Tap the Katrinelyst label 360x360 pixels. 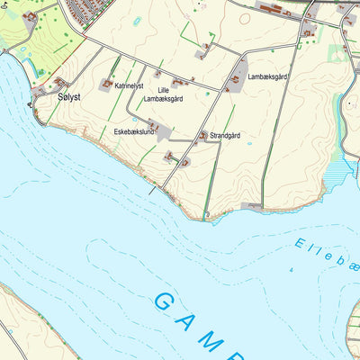129,85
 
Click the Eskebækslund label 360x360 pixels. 134,132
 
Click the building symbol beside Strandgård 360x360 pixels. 203,136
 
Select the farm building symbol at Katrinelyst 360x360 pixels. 106,83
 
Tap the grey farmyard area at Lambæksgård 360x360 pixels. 238,72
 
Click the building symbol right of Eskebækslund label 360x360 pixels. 154,125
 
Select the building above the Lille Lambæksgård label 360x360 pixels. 159,75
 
